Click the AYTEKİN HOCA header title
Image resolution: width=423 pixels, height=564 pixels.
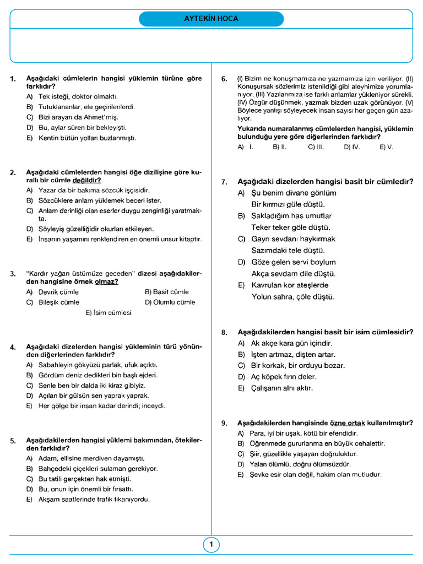click(x=211, y=19)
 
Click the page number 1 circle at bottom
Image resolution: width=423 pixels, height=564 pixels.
click(x=211, y=545)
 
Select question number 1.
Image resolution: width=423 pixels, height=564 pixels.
click(x=13, y=79)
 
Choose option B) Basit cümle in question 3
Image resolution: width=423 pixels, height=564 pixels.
click(x=166, y=292)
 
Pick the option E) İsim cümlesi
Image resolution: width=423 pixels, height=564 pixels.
click(x=109, y=313)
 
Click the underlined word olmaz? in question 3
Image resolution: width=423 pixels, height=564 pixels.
click(x=106, y=281)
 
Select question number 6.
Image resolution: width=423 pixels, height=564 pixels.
click(x=224, y=79)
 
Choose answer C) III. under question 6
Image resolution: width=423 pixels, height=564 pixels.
click(x=315, y=148)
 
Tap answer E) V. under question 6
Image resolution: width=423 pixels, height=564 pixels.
click(x=386, y=148)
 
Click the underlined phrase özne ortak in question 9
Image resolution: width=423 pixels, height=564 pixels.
click(x=344, y=423)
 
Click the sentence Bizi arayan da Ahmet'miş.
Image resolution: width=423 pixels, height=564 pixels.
click(x=78, y=117)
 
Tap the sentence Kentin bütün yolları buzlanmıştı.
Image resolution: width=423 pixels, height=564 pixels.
click(x=87, y=138)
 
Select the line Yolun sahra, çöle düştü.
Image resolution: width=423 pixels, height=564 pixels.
click(x=292, y=297)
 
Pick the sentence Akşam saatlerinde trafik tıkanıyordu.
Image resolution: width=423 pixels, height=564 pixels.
click(x=94, y=500)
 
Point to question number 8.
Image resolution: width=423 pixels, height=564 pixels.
click(x=224, y=333)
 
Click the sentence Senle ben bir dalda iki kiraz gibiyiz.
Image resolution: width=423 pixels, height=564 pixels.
click(x=92, y=386)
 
